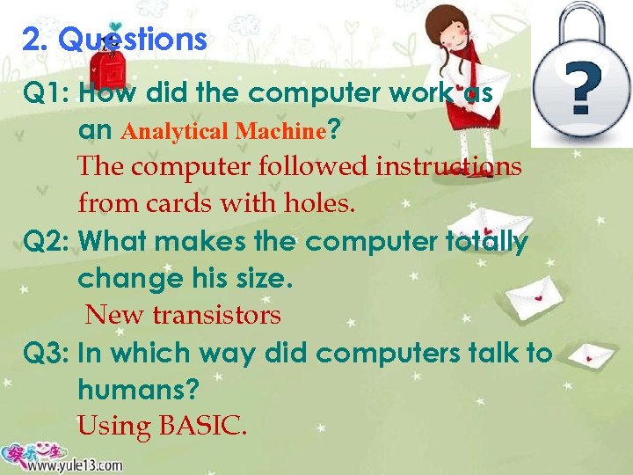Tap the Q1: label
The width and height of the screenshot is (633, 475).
pyautogui.click(x=47, y=93)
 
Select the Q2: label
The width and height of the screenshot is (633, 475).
pyautogui.click(x=47, y=241)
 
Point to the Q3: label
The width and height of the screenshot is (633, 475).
pyautogui.click(x=47, y=354)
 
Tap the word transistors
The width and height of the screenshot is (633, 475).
pyautogui.click(x=219, y=315)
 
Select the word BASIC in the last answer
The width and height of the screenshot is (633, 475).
pyautogui.click(x=201, y=427)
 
